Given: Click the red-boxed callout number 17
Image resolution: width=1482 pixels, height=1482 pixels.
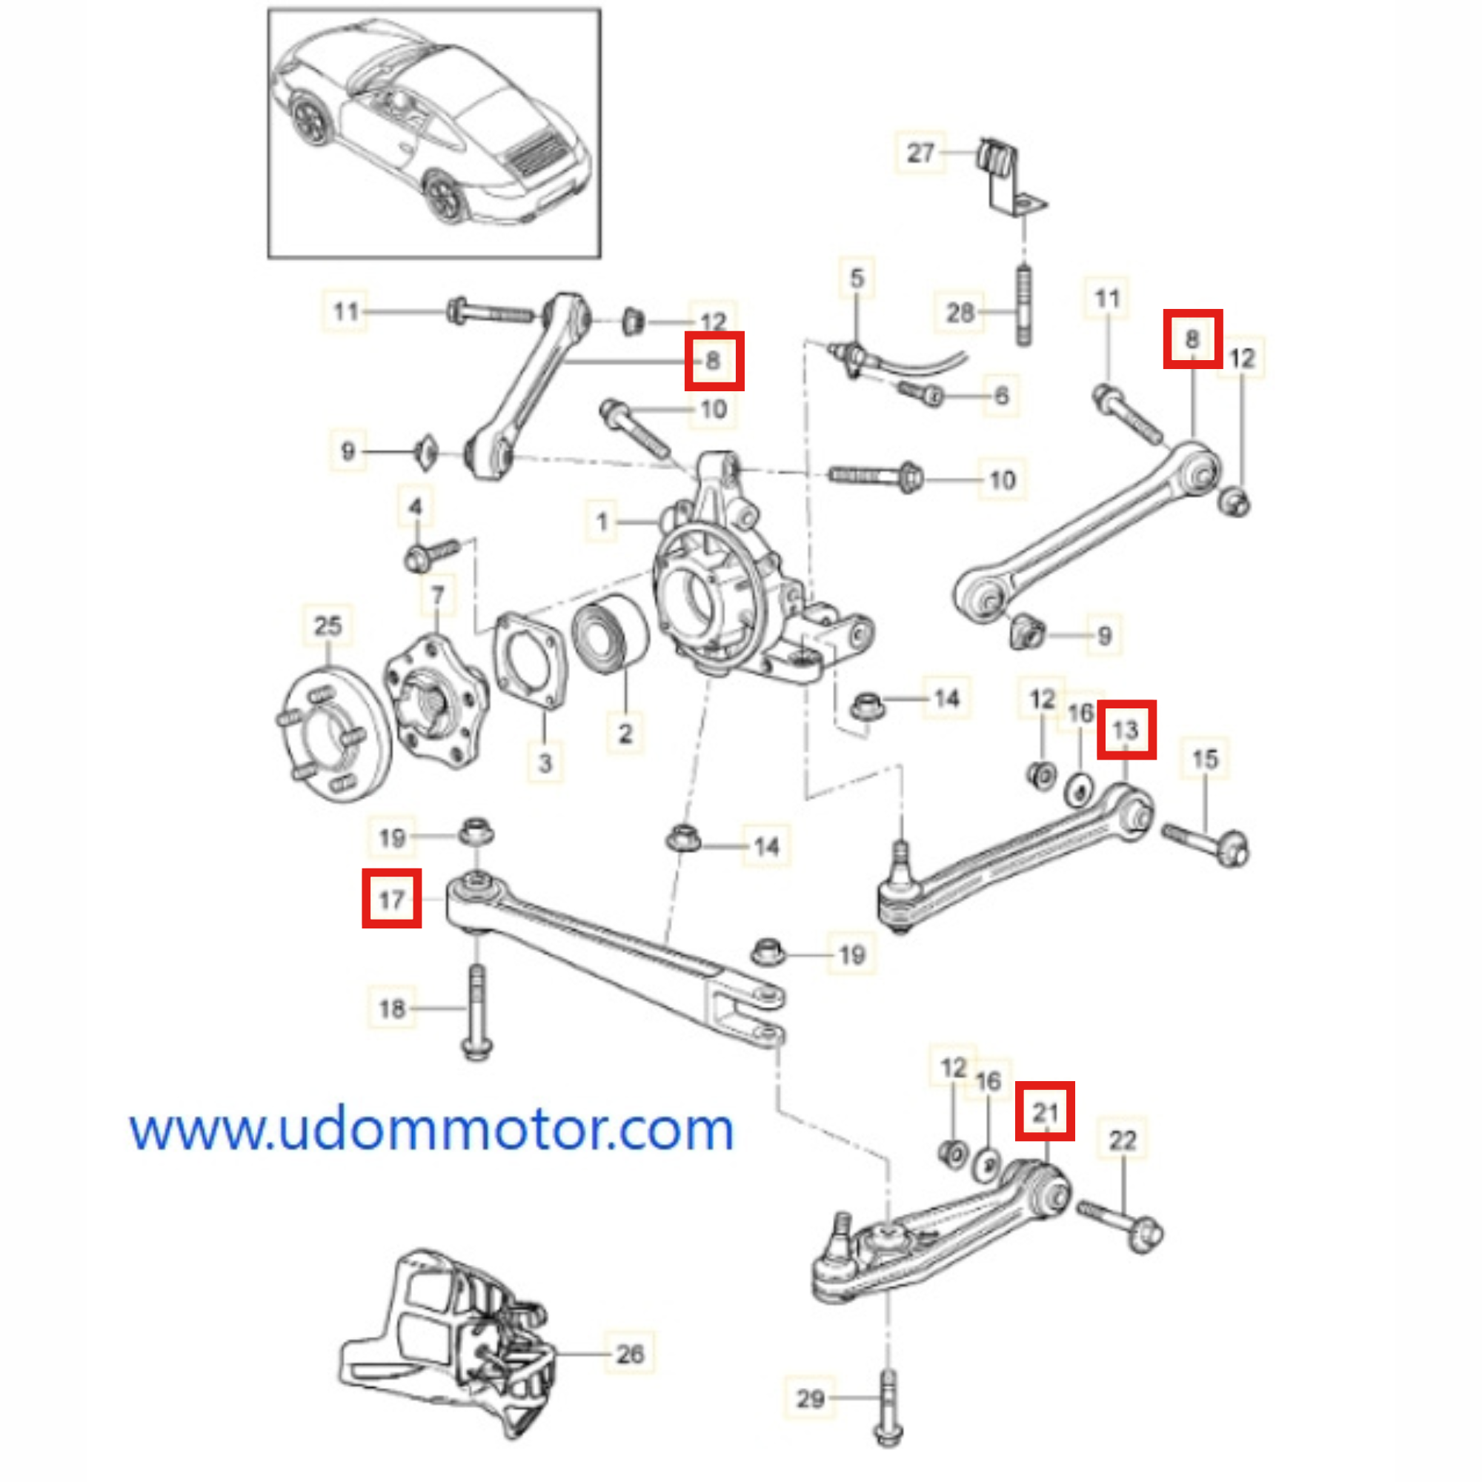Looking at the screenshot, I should (391, 898).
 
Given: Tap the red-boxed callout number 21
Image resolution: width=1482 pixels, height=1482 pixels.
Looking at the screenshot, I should (1045, 1111).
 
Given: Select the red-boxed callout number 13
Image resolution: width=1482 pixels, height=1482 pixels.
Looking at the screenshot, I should (1126, 729).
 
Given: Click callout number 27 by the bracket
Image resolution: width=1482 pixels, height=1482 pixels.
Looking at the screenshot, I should (920, 153).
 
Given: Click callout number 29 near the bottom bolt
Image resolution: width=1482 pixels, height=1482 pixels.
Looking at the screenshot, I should (810, 1398).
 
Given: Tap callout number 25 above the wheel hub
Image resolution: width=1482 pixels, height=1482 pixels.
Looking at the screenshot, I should (328, 625).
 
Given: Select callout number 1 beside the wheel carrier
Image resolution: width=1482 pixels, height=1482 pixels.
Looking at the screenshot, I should (602, 522).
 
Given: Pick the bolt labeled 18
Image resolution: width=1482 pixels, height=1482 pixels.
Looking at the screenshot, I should (476, 1012).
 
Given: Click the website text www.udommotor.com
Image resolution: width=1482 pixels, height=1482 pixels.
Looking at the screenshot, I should (431, 1130).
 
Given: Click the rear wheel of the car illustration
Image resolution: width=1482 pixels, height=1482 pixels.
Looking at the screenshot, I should (445, 196).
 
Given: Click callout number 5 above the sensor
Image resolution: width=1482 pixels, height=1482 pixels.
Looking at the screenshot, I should (857, 278).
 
